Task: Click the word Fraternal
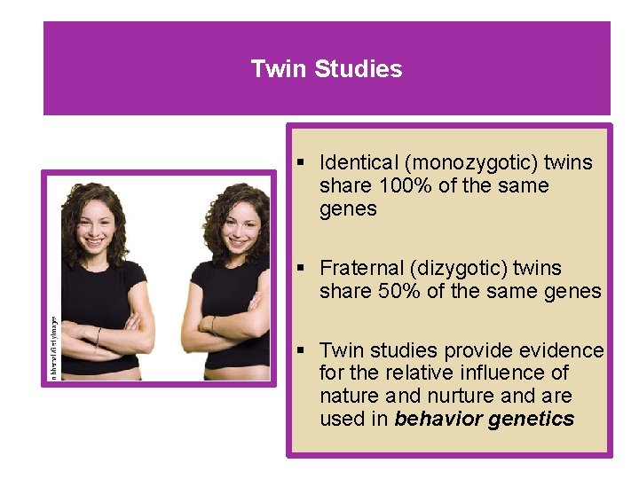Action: click(x=361, y=268)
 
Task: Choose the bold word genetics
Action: click(x=532, y=419)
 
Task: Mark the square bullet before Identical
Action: click(x=302, y=163)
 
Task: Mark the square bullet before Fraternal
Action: click(x=302, y=268)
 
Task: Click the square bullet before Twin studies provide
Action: click(x=302, y=349)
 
